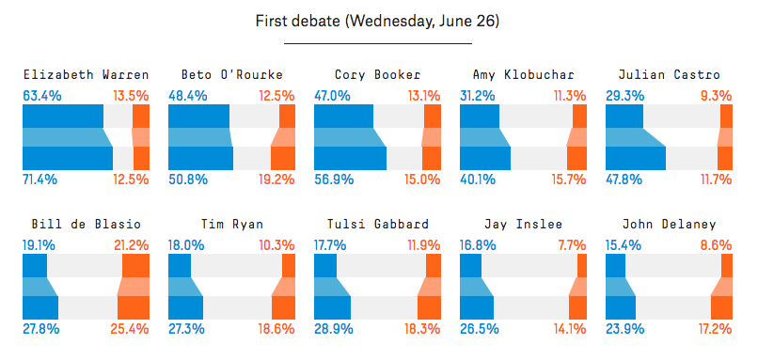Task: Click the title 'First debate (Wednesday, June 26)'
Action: (377, 22)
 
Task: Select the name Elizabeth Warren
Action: (86, 75)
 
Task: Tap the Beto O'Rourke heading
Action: (231, 75)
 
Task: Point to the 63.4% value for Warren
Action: (42, 96)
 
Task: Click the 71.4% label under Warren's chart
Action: (40, 180)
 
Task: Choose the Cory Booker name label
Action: (377, 75)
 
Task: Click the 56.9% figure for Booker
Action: (334, 180)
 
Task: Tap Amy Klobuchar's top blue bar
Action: (480, 116)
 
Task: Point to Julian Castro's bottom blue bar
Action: (636, 159)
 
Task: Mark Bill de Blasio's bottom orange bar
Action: (134, 307)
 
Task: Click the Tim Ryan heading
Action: (231, 225)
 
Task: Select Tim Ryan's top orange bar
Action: (289, 265)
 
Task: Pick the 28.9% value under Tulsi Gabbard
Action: (334, 329)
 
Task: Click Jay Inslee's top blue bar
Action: (470, 265)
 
